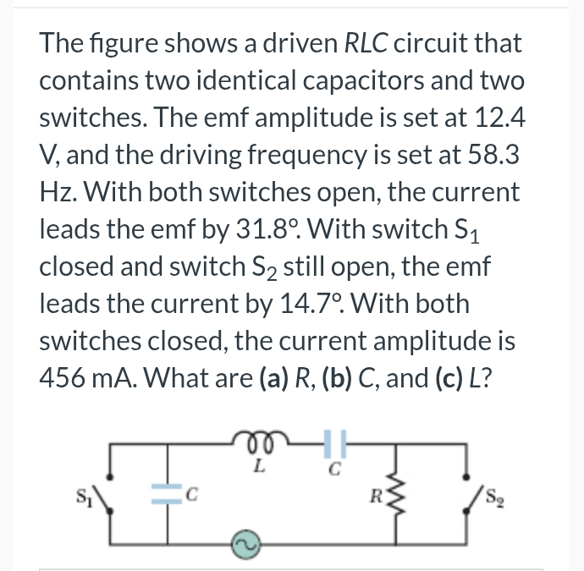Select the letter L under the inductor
click(x=260, y=464)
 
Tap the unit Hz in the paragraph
click(x=58, y=192)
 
